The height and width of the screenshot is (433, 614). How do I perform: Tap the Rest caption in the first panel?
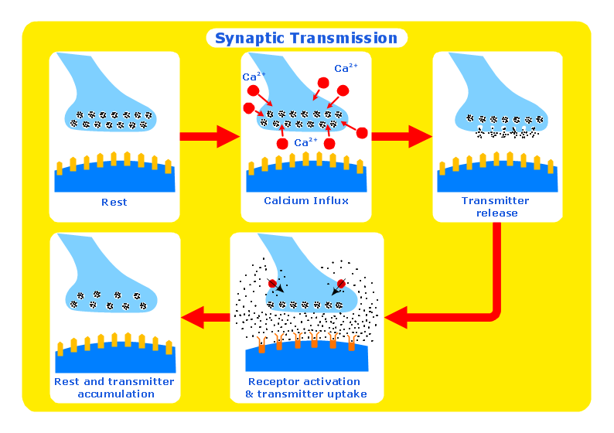point(114,203)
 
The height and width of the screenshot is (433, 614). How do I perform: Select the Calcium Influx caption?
point(306,201)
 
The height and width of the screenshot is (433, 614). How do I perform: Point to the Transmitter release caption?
point(496,207)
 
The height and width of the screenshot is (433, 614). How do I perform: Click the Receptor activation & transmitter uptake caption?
point(306,388)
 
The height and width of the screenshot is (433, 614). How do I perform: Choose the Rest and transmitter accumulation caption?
point(114,388)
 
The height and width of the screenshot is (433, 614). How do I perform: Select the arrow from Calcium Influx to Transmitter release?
point(401,137)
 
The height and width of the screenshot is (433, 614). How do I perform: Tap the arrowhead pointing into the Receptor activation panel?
point(396,316)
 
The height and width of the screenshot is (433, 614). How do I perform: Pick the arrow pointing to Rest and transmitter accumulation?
point(204,316)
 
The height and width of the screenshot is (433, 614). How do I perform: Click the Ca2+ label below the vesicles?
point(306,143)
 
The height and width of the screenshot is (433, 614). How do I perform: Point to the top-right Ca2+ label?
point(346,69)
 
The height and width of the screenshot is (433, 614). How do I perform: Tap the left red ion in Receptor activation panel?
point(272,285)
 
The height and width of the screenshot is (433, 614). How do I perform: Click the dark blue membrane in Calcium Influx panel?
point(306,180)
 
